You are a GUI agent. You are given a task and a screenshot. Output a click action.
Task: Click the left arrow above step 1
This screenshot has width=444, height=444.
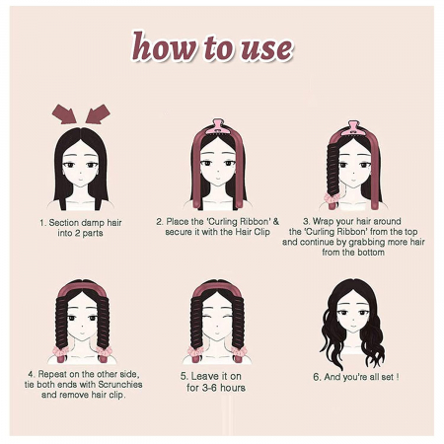(64, 113)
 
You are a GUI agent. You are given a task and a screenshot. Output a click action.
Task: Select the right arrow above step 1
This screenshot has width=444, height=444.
(98, 113)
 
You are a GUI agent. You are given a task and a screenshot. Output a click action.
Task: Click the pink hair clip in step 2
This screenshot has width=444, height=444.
(217, 127)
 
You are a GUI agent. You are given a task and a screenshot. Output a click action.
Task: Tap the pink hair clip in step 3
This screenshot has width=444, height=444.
(352, 128)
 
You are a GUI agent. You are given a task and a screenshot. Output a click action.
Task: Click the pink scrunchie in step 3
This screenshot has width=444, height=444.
(332, 197)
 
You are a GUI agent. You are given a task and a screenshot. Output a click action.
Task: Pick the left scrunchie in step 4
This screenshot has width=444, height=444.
(60, 350)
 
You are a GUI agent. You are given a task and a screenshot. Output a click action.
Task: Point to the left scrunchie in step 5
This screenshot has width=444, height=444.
(195, 351)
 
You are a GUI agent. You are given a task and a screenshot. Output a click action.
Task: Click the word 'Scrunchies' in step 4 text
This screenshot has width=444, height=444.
(120, 384)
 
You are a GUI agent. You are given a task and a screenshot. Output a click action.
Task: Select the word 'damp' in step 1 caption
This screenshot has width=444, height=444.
(89, 223)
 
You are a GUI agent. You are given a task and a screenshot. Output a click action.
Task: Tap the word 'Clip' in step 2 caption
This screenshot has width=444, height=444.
(262, 232)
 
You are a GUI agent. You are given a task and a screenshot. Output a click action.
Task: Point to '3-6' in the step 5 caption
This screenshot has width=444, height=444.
(209, 388)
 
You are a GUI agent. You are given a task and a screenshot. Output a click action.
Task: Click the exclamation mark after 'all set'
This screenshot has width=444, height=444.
(398, 377)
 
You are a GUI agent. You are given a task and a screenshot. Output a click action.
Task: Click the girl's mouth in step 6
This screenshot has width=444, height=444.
(353, 328)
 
